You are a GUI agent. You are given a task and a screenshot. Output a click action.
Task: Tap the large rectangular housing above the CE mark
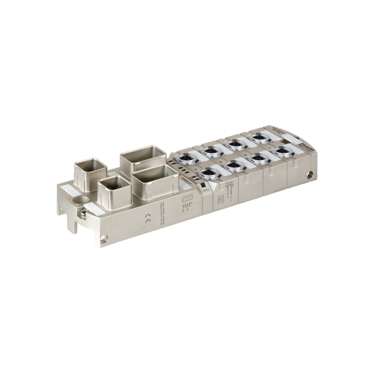tap(155, 180)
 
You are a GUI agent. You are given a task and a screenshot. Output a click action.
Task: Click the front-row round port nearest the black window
tap(210, 174)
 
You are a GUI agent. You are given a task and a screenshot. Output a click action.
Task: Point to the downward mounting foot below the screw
tap(72, 225)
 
